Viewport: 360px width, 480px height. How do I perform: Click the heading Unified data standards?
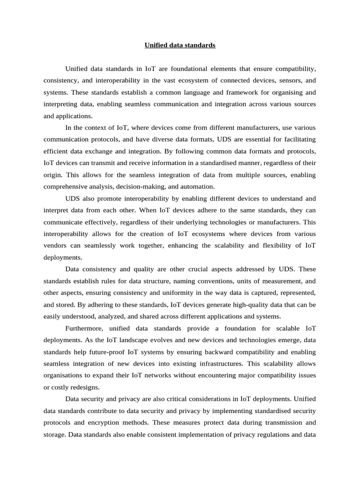(x=180, y=45)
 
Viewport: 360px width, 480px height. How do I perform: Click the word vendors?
(x=56, y=246)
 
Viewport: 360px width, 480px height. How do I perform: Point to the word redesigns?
(x=86, y=387)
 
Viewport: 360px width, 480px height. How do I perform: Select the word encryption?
(x=97, y=423)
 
